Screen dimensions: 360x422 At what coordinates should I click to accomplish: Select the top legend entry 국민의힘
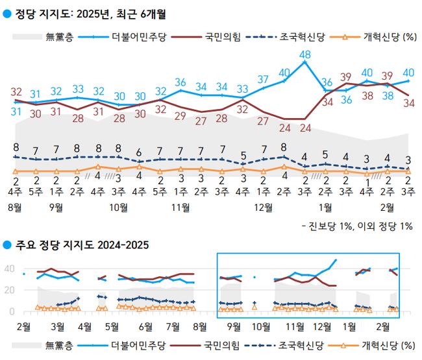coord(219,37)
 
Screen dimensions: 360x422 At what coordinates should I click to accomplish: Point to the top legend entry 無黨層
coord(59,37)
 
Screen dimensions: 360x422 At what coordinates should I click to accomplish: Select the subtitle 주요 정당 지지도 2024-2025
coord(82,245)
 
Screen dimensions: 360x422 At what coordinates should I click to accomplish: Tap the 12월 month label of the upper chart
coord(264,207)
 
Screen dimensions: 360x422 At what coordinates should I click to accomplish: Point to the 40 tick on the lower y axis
coord(10,269)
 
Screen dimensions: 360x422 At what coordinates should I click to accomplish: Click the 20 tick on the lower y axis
coord(10,290)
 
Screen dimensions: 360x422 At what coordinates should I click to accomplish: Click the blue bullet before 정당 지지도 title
coord(6,11)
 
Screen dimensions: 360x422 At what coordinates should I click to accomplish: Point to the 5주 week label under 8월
coord(36,191)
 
